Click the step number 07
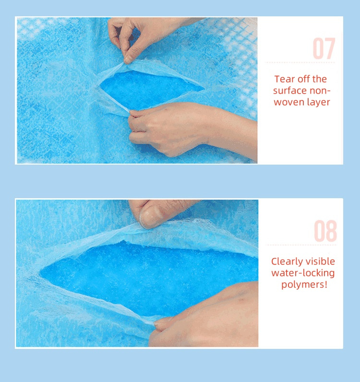click(324, 48)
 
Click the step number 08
click(325, 231)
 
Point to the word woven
click(289, 102)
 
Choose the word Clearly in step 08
click(287, 262)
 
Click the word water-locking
click(303, 274)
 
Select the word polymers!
click(304, 285)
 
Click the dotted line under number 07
click(300, 63)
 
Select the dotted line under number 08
click(301, 245)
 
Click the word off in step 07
click(302, 79)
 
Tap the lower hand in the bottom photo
click(204, 314)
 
